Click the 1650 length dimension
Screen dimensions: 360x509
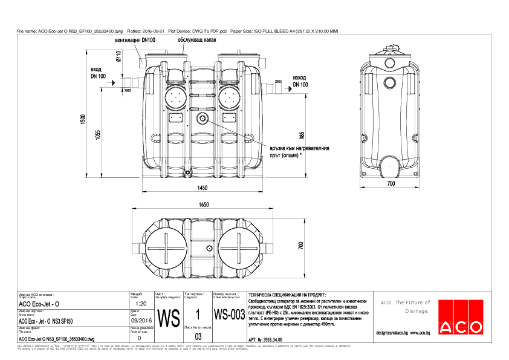pyautogui.click(x=204, y=205)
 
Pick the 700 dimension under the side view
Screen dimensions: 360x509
pyautogui.click(x=391, y=183)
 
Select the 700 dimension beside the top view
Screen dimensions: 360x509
pyautogui.click(x=299, y=245)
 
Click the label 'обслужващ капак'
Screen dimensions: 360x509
pyautogui.click(x=197, y=41)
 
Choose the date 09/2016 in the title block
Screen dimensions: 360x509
pyautogui.click(x=140, y=321)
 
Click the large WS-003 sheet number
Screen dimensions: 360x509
pyautogui.click(x=229, y=316)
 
